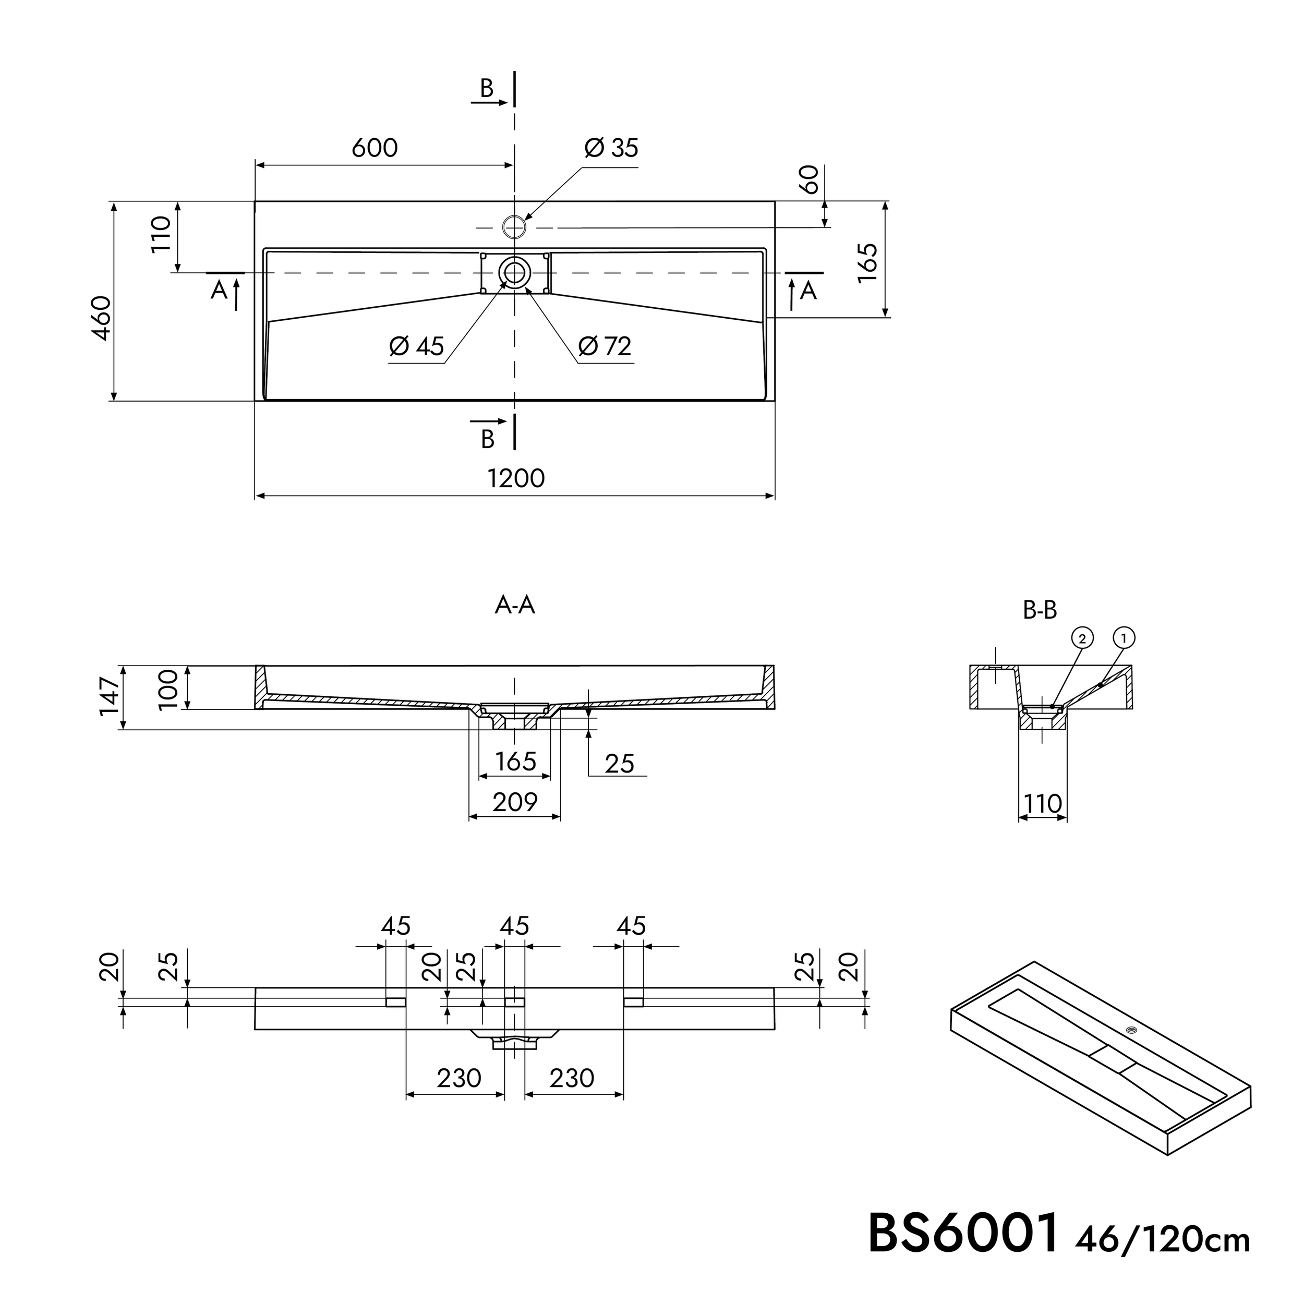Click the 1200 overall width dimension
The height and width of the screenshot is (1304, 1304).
(x=516, y=478)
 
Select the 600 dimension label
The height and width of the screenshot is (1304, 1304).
(x=375, y=148)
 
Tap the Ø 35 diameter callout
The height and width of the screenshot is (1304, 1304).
(x=611, y=148)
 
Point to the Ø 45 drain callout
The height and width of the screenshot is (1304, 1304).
(x=416, y=346)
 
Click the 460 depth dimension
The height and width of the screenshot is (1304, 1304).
(x=101, y=317)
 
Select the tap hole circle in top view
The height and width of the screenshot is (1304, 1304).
(x=514, y=227)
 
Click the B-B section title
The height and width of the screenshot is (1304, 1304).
(x=1040, y=610)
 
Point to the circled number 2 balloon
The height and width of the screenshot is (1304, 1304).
(x=1082, y=638)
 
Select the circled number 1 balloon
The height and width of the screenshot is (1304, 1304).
(x=1124, y=637)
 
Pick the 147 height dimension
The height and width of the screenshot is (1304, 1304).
(x=110, y=696)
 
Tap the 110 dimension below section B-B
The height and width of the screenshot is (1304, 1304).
(x=1043, y=804)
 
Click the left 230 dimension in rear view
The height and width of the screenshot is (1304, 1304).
(x=459, y=1078)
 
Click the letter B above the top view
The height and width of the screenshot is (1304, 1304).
(x=487, y=89)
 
